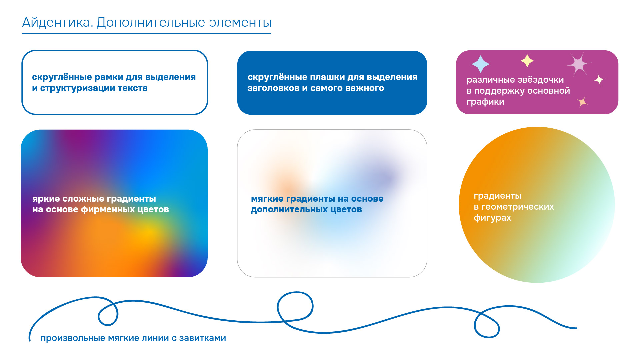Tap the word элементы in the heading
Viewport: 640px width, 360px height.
click(240, 23)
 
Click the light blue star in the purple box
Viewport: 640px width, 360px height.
click(480, 64)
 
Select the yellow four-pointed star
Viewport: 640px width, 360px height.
click(527, 61)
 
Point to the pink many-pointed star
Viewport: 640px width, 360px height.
click(579, 64)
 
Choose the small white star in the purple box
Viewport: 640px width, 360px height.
click(599, 80)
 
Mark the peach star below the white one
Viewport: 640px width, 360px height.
click(582, 101)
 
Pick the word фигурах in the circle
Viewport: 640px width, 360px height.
click(492, 218)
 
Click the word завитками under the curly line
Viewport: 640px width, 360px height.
click(202, 338)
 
